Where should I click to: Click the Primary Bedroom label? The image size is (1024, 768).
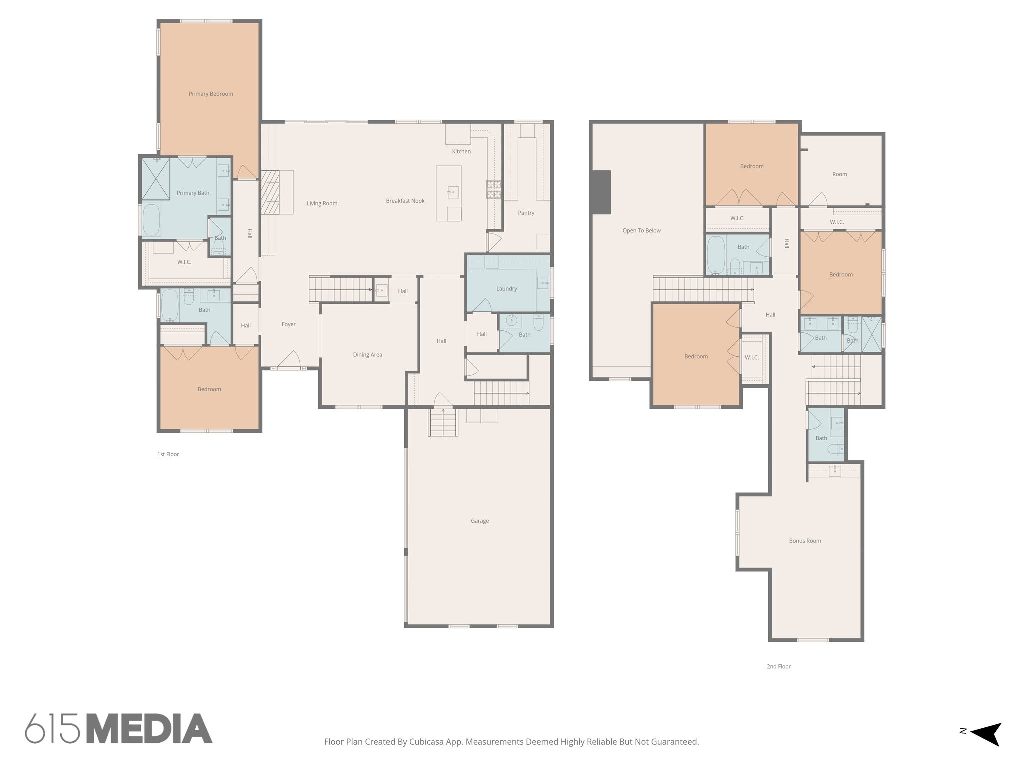[x=211, y=94]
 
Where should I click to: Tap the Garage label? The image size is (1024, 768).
[x=479, y=521]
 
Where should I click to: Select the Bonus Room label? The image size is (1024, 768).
[x=805, y=541]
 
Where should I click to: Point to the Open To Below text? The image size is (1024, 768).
[x=641, y=231]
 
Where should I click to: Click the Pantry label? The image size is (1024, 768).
[x=526, y=213]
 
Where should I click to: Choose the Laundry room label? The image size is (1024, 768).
[x=506, y=289]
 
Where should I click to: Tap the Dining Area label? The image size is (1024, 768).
[x=367, y=355]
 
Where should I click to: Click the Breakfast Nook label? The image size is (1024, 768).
[x=405, y=201]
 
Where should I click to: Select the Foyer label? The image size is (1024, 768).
[x=288, y=324]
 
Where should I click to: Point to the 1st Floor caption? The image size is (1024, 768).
[x=168, y=454]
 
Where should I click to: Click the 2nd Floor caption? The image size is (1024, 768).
[x=778, y=666]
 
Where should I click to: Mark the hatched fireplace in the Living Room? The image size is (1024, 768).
[x=270, y=192]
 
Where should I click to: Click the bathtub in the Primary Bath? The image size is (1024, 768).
[x=152, y=220]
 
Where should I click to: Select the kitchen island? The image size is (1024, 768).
[x=448, y=193]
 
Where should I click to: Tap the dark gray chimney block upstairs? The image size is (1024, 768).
[x=601, y=192]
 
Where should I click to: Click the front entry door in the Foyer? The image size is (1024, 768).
[x=289, y=361]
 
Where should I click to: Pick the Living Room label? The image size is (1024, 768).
[x=322, y=203]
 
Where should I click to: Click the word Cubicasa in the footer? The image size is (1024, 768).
[x=428, y=742]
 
